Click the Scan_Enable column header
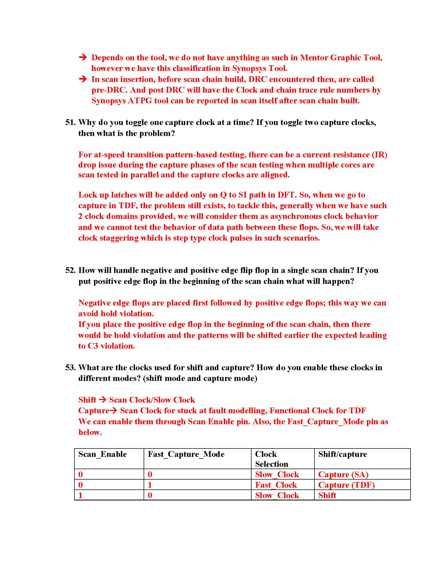(103, 455)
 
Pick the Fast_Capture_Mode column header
(186, 455)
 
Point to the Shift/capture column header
(342, 455)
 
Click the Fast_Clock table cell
(276, 485)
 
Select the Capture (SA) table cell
(343, 474)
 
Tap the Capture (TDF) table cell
(346, 485)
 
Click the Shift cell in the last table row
(327, 495)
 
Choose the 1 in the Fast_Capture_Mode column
(150, 485)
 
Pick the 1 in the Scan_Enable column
(80, 495)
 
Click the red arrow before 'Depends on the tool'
(83, 57)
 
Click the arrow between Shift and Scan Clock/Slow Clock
(103, 400)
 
